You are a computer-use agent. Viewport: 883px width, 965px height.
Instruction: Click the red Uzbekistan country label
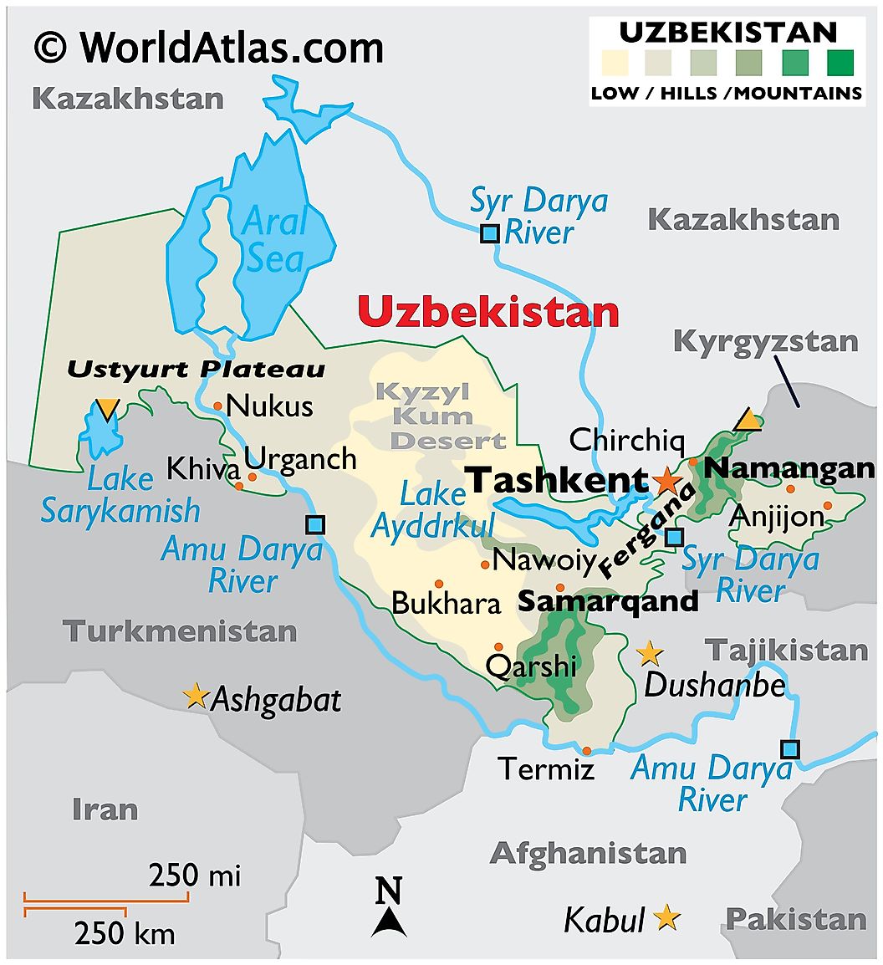(488, 312)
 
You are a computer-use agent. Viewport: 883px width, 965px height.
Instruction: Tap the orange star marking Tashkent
(666, 481)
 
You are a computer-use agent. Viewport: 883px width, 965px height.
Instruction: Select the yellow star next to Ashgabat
(196, 696)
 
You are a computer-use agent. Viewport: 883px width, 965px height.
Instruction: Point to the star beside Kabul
(666, 918)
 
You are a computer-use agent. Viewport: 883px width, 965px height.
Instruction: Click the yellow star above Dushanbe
(650, 654)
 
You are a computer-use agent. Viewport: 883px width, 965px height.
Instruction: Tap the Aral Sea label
(274, 240)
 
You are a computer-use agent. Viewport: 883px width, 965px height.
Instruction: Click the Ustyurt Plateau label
(196, 369)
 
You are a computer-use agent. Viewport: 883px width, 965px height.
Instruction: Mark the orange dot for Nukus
(217, 406)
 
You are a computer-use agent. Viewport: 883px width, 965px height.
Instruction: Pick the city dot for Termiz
(587, 750)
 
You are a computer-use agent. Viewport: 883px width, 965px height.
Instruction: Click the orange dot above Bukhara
(438, 584)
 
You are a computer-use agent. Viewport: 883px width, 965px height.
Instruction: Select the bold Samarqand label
(608, 601)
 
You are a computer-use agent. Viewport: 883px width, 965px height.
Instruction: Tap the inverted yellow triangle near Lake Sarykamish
(107, 409)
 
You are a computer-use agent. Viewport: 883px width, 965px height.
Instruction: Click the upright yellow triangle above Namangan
(748, 420)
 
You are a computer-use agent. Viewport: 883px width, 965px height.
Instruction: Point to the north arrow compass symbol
(389, 907)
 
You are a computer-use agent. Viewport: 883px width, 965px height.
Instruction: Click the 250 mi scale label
(195, 876)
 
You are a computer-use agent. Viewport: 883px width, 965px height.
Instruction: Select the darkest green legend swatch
(840, 63)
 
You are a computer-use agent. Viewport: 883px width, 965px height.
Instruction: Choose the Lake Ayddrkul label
(433, 510)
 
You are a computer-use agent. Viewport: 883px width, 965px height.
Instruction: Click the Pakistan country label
(795, 919)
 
